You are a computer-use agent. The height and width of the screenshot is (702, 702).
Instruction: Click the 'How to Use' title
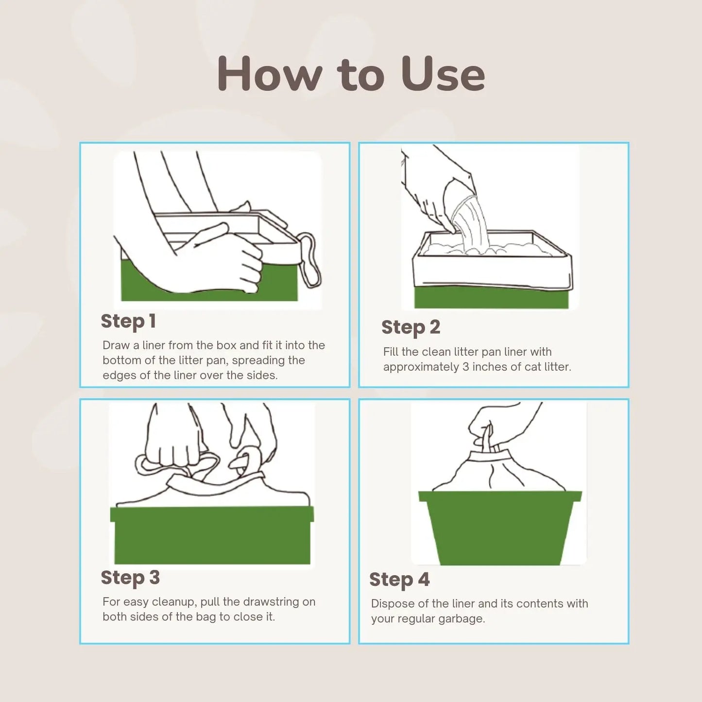(x=351, y=74)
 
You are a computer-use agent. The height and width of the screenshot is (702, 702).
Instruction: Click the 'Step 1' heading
(x=128, y=321)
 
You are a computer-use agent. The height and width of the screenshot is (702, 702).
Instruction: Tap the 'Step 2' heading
(x=411, y=327)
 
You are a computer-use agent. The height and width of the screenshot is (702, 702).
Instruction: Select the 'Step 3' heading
(x=130, y=578)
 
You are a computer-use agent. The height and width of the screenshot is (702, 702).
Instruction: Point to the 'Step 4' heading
(x=399, y=580)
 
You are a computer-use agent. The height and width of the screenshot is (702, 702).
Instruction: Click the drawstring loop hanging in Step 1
(x=309, y=260)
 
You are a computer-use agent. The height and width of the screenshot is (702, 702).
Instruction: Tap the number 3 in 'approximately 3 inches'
(x=465, y=367)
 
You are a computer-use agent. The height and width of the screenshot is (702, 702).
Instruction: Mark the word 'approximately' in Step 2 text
(x=421, y=367)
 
